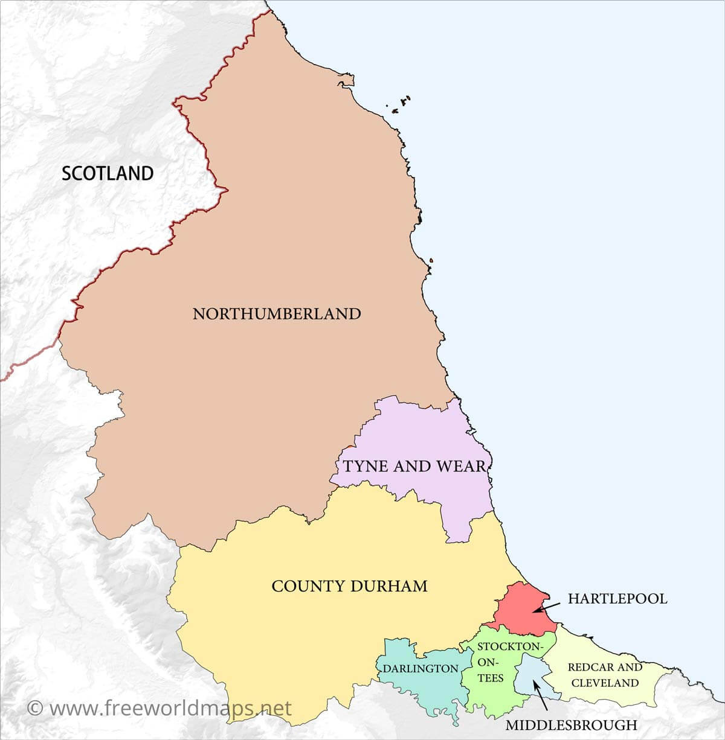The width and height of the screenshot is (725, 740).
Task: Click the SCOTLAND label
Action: point(108,174)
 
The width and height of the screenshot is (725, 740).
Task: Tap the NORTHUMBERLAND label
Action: point(277,314)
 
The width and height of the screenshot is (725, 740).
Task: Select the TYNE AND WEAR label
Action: point(414,466)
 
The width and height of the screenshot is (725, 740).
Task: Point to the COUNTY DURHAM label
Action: point(349,586)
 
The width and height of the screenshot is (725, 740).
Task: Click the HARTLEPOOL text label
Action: point(617,599)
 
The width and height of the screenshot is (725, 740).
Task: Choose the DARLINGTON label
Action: point(420,669)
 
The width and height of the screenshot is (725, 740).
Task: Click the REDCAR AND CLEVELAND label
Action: point(605,675)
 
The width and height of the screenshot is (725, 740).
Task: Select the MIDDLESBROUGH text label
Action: point(571,725)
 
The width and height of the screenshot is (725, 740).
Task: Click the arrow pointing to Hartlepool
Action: point(546,606)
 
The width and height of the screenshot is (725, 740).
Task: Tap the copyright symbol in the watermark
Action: point(35,708)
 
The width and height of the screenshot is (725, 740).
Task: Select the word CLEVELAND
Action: point(605,683)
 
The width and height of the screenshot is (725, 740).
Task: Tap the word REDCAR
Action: point(591,668)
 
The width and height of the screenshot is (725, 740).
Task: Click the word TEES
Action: point(491,678)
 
